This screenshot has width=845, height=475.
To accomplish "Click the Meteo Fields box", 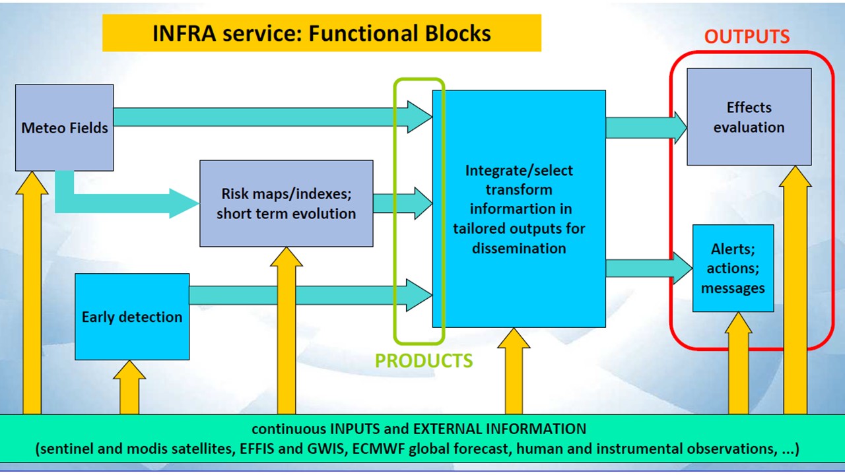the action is pos(65,128).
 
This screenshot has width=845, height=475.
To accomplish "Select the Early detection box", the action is pos(132,317).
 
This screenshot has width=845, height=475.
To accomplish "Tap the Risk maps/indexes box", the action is pos(287,204).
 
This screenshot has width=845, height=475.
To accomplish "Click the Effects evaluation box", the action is pos(749,117).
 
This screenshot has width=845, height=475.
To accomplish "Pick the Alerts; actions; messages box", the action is pos(733,269).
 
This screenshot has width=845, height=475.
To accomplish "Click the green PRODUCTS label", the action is pos(424,361).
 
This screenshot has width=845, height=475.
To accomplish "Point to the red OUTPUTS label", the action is pos(747,36).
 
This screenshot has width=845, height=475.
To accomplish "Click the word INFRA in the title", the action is pos(184,33).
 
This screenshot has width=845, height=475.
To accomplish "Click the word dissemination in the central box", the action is pos(519,249).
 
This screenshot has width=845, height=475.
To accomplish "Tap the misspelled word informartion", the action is pos(521,209).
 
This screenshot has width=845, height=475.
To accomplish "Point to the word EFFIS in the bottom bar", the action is pos(257,449).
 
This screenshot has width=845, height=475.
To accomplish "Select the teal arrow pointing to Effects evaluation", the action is pos(646,127).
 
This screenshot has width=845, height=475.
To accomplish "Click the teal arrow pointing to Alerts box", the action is pos(649,269).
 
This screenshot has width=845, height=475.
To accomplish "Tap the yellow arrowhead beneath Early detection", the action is pos(129,370).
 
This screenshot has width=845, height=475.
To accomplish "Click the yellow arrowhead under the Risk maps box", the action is pos(287,257).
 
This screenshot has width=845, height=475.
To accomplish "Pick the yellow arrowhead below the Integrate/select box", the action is pos(514,338).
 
